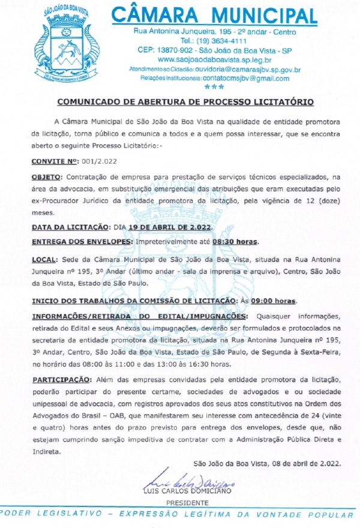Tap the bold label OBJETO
tap(46, 178)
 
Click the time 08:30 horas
tap(235, 242)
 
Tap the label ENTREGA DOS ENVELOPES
tap(82, 242)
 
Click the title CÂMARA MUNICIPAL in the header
tap(214, 16)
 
